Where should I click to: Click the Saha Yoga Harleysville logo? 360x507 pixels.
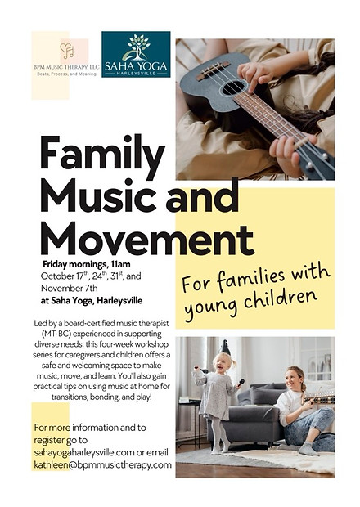[136, 54]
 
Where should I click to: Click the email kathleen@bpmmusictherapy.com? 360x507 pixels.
[102, 464]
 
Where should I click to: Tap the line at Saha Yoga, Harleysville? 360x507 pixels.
[92, 300]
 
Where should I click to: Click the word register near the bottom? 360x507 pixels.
[50, 440]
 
